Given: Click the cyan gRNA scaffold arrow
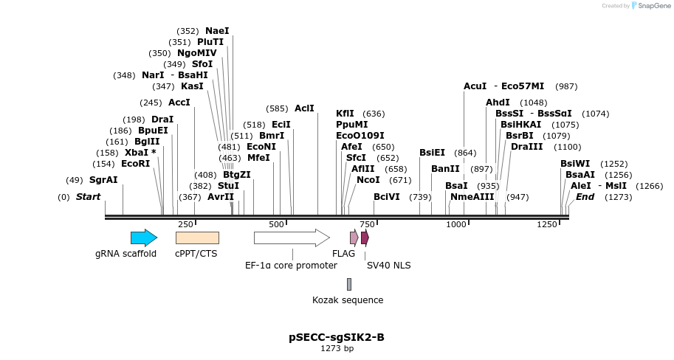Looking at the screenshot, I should point(143,238).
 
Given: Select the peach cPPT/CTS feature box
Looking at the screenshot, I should point(197,238).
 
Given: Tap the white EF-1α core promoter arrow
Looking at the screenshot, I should point(291,238).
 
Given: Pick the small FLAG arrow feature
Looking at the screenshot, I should point(354,238).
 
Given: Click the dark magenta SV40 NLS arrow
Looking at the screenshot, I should point(365,238).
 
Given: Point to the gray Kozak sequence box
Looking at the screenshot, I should point(349,284).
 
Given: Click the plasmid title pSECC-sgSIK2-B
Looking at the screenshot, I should point(337,338).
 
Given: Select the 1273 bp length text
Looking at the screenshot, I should point(337,349).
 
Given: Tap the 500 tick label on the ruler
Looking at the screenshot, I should point(276,224).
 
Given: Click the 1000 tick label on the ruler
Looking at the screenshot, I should point(456,224).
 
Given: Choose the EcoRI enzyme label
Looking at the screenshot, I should point(135,164).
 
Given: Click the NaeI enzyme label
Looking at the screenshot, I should point(217,31).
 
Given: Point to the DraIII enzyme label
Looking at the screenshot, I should point(526,147).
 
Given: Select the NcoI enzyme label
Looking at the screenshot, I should point(368,180).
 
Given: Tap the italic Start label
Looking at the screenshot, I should point(88,197).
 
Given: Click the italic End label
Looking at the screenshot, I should point(585,197).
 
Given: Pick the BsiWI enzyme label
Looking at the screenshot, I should point(575,164).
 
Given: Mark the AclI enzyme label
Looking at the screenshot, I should point(304,108).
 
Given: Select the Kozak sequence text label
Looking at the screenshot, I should point(348,300).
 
